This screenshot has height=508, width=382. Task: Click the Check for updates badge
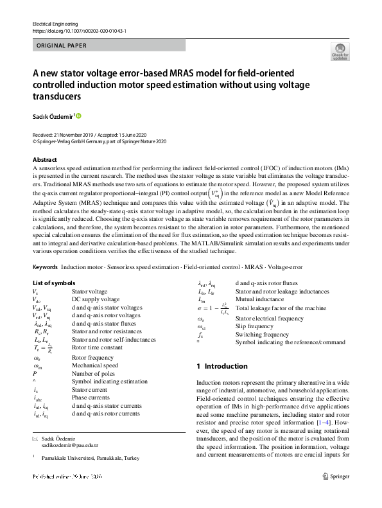(339, 53)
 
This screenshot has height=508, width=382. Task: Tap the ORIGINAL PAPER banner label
(59, 46)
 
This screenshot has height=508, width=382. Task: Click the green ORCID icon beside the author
(79, 116)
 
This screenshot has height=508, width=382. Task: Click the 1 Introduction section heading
(222, 366)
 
